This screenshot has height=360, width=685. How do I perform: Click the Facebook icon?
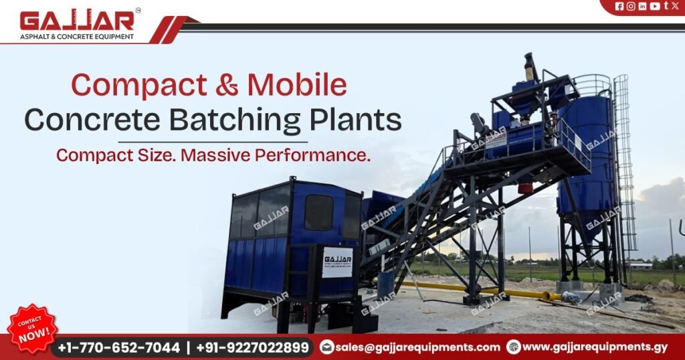pyautogui.click(x=619, y=6)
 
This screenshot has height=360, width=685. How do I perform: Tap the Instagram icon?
pyautogui.click(x=631, y=6)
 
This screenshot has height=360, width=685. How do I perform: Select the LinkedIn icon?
pyautogui.click(x=642, y=6)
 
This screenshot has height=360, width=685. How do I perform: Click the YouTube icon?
pyautogui.click(x=654, y=6)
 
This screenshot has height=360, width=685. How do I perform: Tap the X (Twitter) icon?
pyautogui.click(x=675, y=6)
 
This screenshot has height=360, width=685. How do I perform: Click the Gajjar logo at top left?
pyautogui.click(x=77, y=24)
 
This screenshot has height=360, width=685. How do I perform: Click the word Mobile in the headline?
pyautogui.click(x=296, y=86)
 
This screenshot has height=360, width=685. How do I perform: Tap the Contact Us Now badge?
pyautogui.click(x=32, y=327)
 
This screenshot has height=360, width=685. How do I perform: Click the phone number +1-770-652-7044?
pyautogui.click(x=119, y=347)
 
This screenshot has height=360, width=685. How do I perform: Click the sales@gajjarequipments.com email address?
pyautogui.click(x=418, y=347)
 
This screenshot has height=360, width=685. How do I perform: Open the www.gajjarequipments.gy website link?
pyautogui.click(x=595, y=347)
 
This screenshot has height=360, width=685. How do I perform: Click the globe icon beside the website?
pyautogui.click(x=514, y=347)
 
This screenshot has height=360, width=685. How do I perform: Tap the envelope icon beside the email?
pyautogui.click(x=327, y=347)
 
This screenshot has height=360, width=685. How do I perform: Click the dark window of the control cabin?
pyautogui.click(x=318, y=213)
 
